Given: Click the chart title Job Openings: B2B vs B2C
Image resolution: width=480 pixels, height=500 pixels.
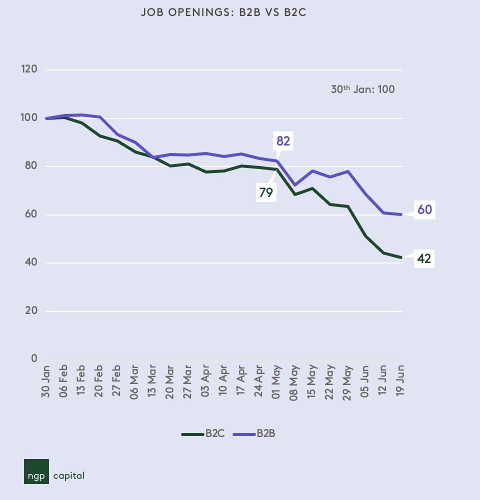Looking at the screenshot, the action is coord(223,13).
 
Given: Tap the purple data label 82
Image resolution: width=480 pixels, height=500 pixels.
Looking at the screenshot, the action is coord(283,141).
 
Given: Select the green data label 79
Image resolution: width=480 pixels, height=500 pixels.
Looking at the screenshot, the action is coord(266,192).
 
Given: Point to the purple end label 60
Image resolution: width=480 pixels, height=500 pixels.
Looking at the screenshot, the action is coord(424,210).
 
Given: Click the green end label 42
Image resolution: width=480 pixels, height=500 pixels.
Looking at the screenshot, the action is coord(424,259).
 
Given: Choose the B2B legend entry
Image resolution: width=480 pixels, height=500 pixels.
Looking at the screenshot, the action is coord(256,434).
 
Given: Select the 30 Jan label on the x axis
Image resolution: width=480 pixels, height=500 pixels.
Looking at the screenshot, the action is coord(48,380).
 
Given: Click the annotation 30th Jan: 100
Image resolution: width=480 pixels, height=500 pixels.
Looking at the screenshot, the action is coord(362,90).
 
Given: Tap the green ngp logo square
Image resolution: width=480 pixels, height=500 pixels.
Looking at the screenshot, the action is coord(36,471).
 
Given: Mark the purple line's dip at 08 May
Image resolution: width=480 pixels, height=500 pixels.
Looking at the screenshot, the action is coord(295,185).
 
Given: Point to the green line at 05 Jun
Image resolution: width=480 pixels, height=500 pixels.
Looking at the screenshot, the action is coord(366,235).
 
